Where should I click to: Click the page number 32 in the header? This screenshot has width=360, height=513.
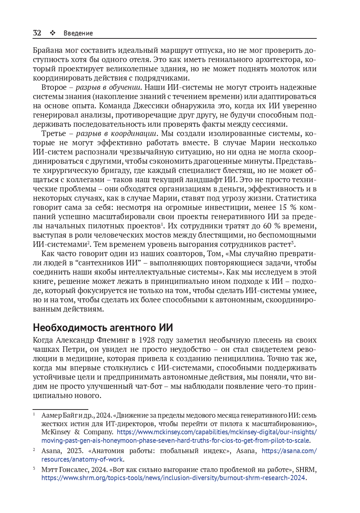point(37,33)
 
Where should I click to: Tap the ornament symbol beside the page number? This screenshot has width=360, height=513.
point(53,33)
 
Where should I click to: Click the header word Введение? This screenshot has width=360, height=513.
point(78,33)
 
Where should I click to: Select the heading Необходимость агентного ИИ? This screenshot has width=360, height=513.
point(103,327)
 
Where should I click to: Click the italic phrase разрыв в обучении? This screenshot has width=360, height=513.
point(108,87)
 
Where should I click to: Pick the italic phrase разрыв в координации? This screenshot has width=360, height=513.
point(116,133)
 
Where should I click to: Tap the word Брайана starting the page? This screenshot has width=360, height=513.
point(47,50)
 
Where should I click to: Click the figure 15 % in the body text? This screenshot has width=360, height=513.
point(288,207)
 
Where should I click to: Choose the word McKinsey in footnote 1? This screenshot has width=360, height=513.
point(56,432)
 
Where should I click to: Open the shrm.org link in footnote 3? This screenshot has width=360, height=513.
point(173,478)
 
